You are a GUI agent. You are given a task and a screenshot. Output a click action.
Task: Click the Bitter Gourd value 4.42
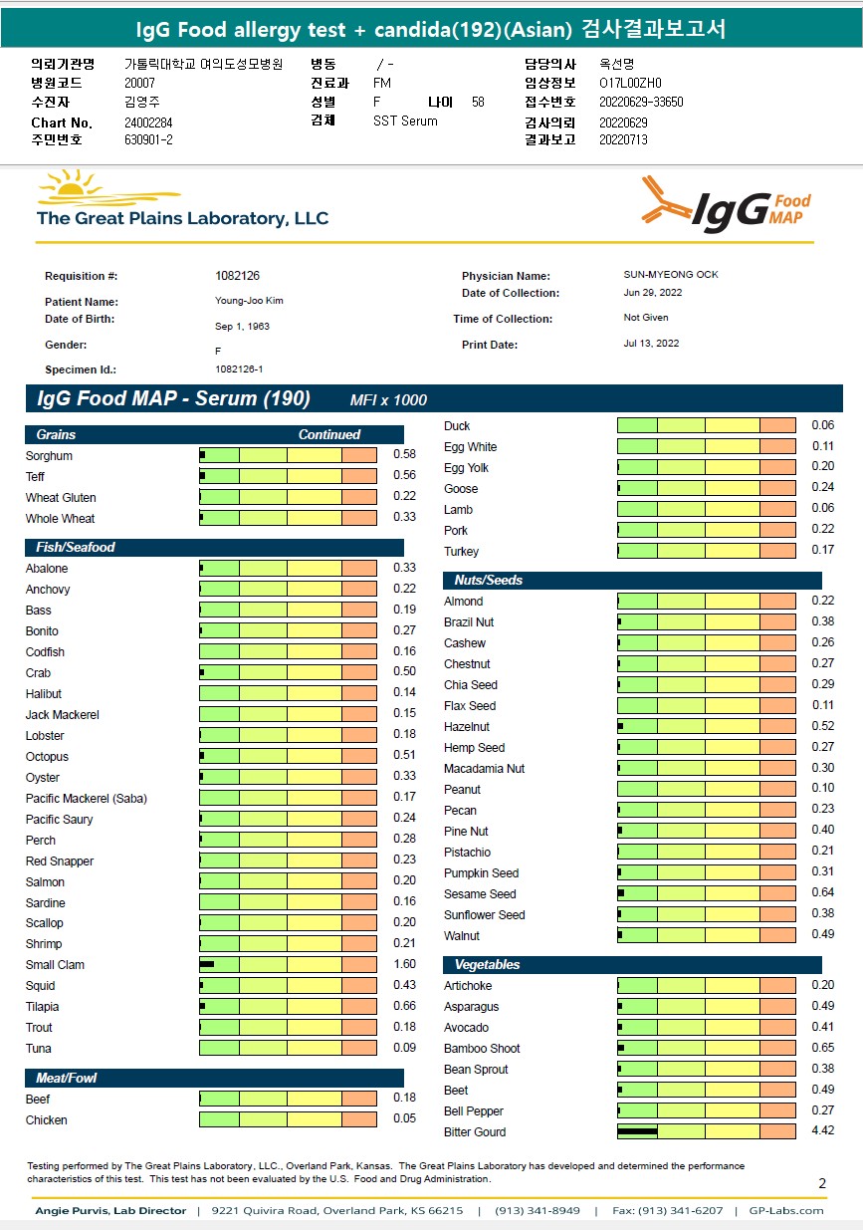(x=822, y=1131)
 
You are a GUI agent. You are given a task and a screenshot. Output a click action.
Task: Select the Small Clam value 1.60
(x=404, y=964)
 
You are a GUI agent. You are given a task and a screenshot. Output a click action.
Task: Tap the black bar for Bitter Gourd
(x=638, y=1131)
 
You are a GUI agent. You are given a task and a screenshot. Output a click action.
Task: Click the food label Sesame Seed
(x=480, y=893)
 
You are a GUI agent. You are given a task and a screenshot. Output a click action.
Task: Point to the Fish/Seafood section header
(x=76, y=547)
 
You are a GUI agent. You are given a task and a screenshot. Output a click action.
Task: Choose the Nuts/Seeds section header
(x=488, y=580)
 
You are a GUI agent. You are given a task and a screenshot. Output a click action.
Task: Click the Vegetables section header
(x=487, y=964)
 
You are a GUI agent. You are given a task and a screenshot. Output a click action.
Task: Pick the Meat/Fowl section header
(x=66, y=1078)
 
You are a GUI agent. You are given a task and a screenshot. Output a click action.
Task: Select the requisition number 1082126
(x=237, y=276)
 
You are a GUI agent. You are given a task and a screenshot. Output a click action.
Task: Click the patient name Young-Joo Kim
(x=249, y=301)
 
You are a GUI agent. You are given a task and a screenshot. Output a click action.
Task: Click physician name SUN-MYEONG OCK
(x=663, y=275)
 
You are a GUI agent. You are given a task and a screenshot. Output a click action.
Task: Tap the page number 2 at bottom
(x=822, y=1183)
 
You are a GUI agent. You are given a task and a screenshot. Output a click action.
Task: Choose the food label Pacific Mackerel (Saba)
(x=86, y=798)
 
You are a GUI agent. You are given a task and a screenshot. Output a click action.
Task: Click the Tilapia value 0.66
(x=404, y=1006)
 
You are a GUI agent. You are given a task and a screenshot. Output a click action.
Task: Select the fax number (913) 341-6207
(x=681, y=1211)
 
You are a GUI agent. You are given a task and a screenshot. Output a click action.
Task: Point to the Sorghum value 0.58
(x=404, y=455)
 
